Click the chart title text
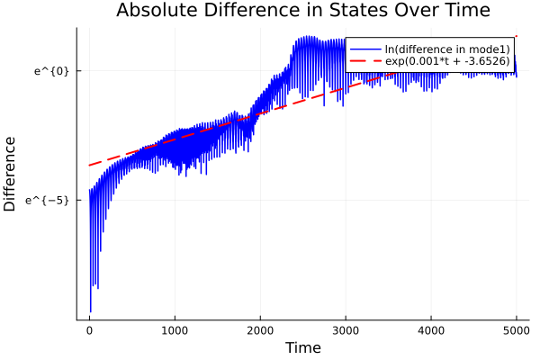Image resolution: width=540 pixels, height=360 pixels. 302,11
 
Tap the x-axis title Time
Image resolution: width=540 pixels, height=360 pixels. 302,347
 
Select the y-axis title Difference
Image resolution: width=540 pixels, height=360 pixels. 10,174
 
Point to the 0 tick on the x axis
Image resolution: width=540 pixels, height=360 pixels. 89,331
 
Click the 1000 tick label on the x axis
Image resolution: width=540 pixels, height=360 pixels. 175,331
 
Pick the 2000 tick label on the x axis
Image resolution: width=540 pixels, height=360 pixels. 260,331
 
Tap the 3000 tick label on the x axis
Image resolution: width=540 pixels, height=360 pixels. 346,331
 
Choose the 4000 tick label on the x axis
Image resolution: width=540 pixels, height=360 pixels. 431,331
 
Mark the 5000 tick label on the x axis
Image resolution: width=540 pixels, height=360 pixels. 516,331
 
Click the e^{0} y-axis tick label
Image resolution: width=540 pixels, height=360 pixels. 52,70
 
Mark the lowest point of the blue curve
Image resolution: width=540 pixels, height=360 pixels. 90,311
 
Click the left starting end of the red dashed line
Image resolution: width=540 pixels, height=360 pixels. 89,165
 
